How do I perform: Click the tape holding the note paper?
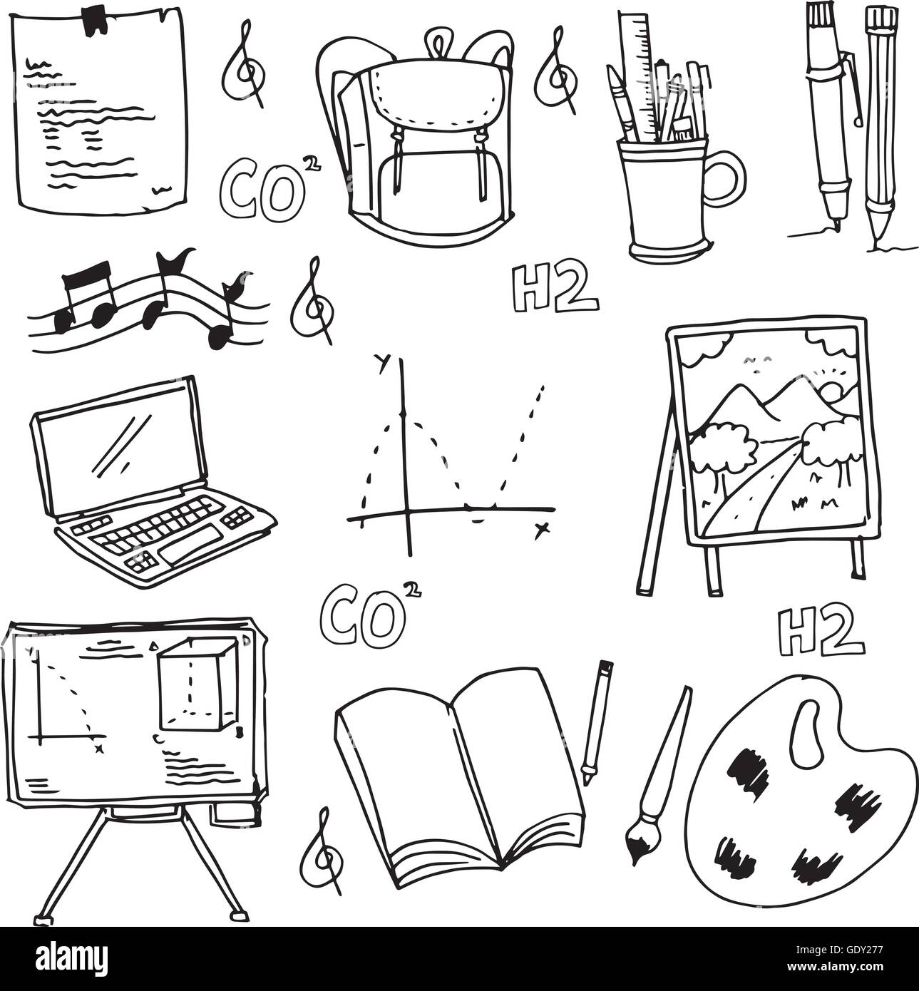93,21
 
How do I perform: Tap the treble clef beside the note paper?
243,71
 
